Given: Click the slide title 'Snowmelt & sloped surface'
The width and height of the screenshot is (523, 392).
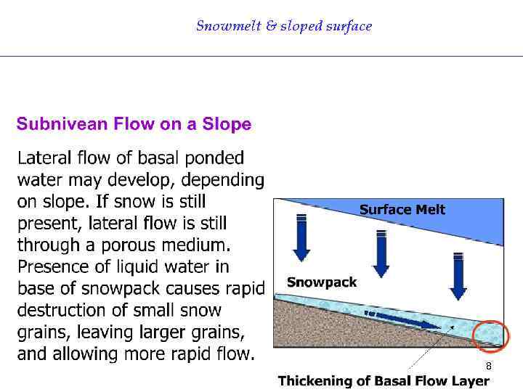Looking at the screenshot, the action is coord(284,26).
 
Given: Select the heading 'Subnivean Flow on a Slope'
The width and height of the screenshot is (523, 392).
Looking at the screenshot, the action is coord(134,124).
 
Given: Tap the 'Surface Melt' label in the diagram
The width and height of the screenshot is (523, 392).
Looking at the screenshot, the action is coord(402,210).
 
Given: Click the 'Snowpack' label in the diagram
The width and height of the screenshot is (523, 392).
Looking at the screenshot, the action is coord(322,282).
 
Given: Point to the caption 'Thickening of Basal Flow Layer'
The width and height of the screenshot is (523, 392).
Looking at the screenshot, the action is coord(384,381).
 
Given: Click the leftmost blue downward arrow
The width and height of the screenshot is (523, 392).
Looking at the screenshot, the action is coord(301,236).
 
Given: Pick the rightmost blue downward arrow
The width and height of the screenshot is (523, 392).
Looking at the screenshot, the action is coord(458,275).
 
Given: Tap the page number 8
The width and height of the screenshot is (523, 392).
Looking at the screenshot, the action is coord(488,366).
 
